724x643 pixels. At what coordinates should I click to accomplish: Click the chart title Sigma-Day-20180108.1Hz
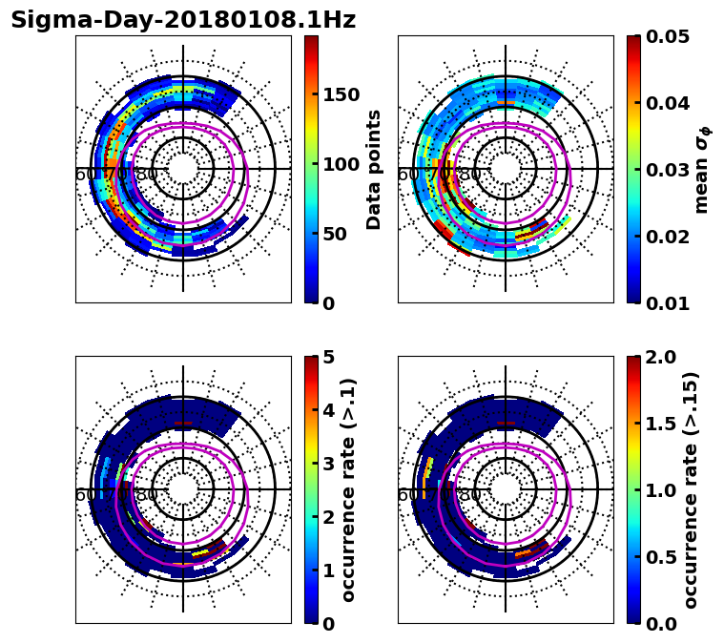click(183, 20)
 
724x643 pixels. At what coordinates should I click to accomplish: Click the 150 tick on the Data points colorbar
click(341, 93)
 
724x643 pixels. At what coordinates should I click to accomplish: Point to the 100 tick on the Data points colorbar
click(341, 164)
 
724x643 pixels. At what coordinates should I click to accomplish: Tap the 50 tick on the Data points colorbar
click(335, 234)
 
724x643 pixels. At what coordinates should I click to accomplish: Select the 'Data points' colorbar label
click(374, 169)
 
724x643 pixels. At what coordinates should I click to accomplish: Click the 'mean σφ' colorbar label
click(702, 169)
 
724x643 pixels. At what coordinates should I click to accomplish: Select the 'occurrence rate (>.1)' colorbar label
click(349, 489)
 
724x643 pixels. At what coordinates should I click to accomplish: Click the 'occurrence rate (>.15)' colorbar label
click(691, 489)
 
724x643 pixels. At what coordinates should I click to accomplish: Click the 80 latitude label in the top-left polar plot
click(147, 175)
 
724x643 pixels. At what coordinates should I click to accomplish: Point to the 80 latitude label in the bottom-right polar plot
click(469, 495)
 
